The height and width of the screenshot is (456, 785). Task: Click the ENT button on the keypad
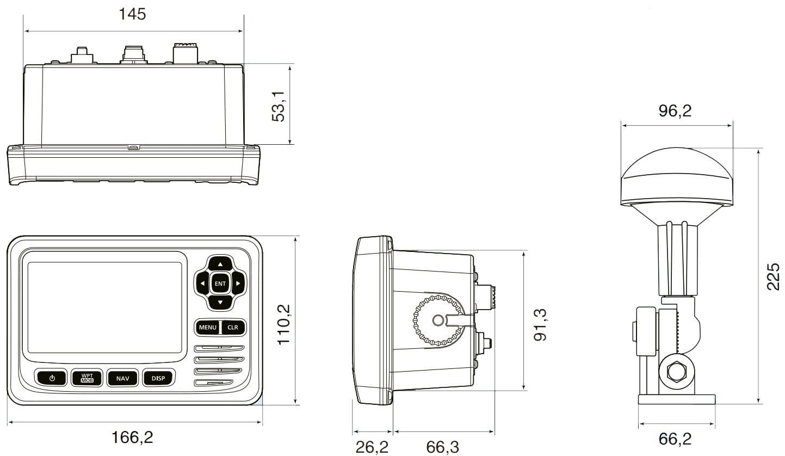pos(220,283)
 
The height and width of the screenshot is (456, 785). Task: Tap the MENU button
pos(207,328)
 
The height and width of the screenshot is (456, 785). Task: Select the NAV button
pos(122,378)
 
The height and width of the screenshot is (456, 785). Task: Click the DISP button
pos(158,378)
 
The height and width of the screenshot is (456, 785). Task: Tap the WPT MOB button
pos(87,378)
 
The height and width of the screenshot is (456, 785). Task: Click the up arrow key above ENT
pos(220,263)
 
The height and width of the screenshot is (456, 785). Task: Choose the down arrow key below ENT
pos(220,303)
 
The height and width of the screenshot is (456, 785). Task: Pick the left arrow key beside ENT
pos(202,283)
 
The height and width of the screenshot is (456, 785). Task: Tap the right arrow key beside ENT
pos(238,283)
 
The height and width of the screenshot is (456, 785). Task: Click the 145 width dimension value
pos(132,14)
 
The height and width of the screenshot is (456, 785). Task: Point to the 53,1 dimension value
pos(279,106)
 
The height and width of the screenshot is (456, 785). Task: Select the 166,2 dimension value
pos(132,437)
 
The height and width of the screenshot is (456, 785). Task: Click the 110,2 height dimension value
pos(284,324)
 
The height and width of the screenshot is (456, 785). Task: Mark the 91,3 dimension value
pos(540,324)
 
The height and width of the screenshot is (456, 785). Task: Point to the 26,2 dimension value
pos(372,447)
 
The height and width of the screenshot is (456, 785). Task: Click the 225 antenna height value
pos(773,276)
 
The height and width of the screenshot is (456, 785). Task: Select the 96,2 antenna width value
pos(675,111)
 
